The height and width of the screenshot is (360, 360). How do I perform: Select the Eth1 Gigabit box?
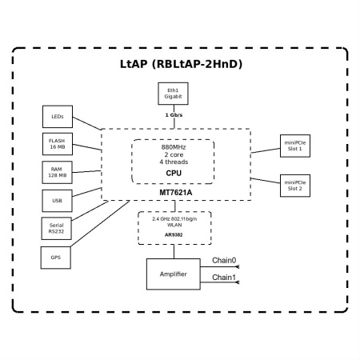coord(173,95)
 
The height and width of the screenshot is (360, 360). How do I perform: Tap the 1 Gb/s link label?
coord(173,115)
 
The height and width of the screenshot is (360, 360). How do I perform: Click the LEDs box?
coord(58,117)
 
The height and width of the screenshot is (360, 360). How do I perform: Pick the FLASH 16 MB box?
coord(58,144)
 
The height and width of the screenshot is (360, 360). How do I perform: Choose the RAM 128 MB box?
coord(58,172)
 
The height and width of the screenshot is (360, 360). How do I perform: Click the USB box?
coord(58,199)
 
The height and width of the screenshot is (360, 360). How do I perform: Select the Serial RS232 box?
coord(58,229)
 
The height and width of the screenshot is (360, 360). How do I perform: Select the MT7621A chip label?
coord(174,193)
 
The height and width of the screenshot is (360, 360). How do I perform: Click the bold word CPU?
coord(174,173)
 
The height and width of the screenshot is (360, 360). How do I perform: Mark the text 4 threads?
coord(174,162)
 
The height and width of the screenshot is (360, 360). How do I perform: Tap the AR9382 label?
coord(174,236)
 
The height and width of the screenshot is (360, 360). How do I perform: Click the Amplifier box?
coord(174,274)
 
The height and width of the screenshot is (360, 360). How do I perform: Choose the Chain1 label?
coord(224,278)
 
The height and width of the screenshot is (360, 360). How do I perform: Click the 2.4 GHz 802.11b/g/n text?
coord(174,218)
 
